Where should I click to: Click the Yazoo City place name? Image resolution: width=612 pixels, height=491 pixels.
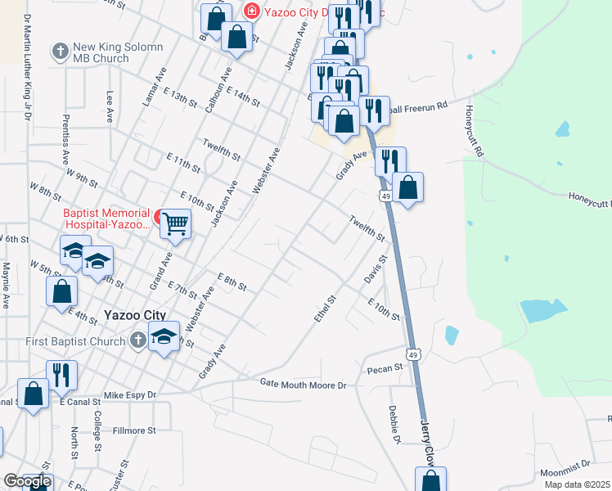click(x=135, y=315)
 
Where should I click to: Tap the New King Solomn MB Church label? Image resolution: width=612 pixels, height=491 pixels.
click(x=101, y=53)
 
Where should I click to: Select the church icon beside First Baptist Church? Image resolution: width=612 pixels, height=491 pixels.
click(x=138, y=341)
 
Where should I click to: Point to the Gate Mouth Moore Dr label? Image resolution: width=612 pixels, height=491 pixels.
click(x=304, y=383)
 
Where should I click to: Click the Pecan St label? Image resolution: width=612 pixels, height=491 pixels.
click(x=385, y=369)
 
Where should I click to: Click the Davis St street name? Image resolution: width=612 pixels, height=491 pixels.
click(x=375, y=271)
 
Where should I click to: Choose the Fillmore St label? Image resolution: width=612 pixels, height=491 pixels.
click(x=134, y=430)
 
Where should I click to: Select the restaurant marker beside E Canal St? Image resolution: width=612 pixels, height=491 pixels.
click(x=61, y=375)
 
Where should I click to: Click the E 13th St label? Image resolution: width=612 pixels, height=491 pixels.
click(x=180, y=98)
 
